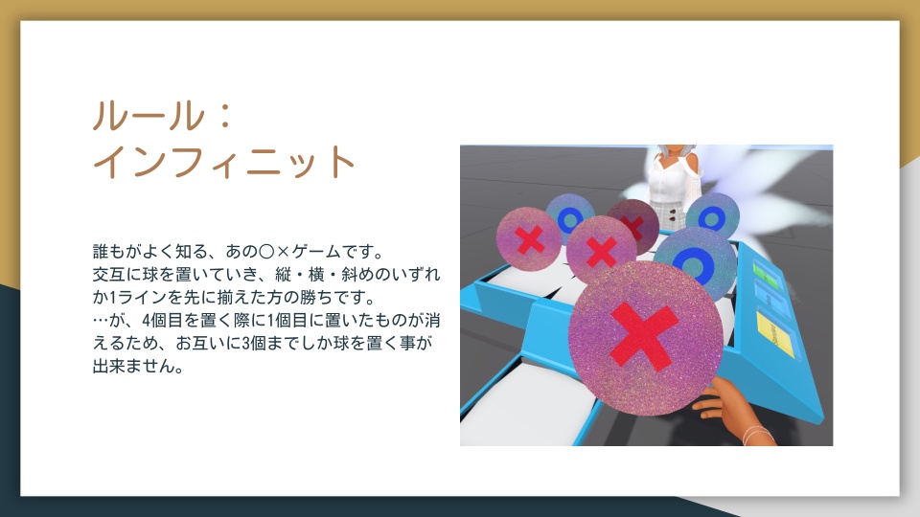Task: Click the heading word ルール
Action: [x=148, y=116]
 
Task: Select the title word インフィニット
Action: [x=224, y=162]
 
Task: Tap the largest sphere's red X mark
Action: [x=644, y=337]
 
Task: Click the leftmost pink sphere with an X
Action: [x=529, y=239]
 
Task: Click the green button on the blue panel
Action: [x=767, y=274]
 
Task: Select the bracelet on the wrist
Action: [x=758, y=435]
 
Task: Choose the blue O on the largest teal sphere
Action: [x=693, y=264]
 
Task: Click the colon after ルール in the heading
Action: [x=224, y=116]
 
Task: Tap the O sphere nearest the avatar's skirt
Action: [x=712, y=217]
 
